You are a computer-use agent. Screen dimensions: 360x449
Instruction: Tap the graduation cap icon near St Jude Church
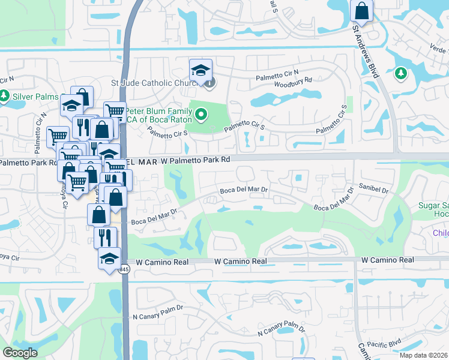pyautogui.click(x=200, y=70)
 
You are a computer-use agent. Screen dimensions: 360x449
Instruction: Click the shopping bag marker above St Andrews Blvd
pyautogui.click(x=361, y=10)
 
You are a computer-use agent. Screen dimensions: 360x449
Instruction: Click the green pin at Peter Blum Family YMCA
pyautogui.click(x=202, y=113)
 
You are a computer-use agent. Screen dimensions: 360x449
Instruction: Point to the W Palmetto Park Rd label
pyautogui.click(x=196, y=160)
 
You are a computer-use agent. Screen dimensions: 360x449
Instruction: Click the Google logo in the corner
pyautogui.click(x=20, y=353)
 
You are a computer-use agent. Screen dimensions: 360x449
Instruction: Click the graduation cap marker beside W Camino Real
pyautogui.click(x=109, y=259)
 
